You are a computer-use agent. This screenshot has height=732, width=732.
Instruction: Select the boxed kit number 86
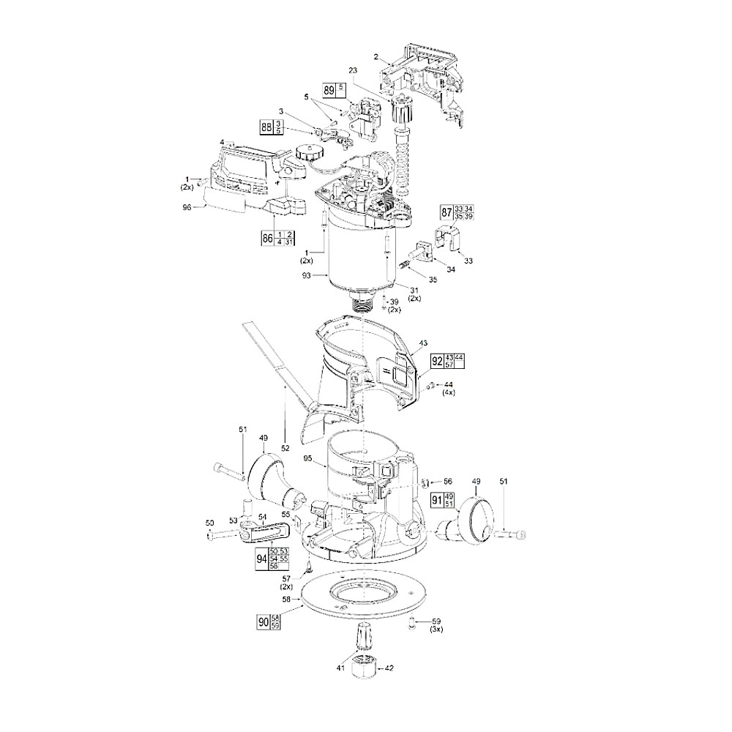tap(266, 238)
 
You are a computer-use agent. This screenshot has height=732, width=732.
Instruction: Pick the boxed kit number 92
tap(437, 360)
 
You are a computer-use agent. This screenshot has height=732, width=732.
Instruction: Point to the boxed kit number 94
tap(261, 559)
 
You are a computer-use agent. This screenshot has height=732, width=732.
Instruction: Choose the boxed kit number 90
tap(264, 622)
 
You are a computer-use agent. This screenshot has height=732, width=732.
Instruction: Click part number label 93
tap(306, 276)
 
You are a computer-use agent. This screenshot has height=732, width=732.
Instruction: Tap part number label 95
tap(308, 459)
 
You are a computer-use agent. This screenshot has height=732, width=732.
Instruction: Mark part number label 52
tap(285, 447)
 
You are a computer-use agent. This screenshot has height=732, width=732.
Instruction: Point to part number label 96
tap(187, 207)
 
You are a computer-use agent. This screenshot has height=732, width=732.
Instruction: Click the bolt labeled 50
tap(223, 536)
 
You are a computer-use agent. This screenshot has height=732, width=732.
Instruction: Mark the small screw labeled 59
tap(412, 621)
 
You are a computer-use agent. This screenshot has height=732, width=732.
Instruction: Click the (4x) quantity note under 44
tap(449, 393)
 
